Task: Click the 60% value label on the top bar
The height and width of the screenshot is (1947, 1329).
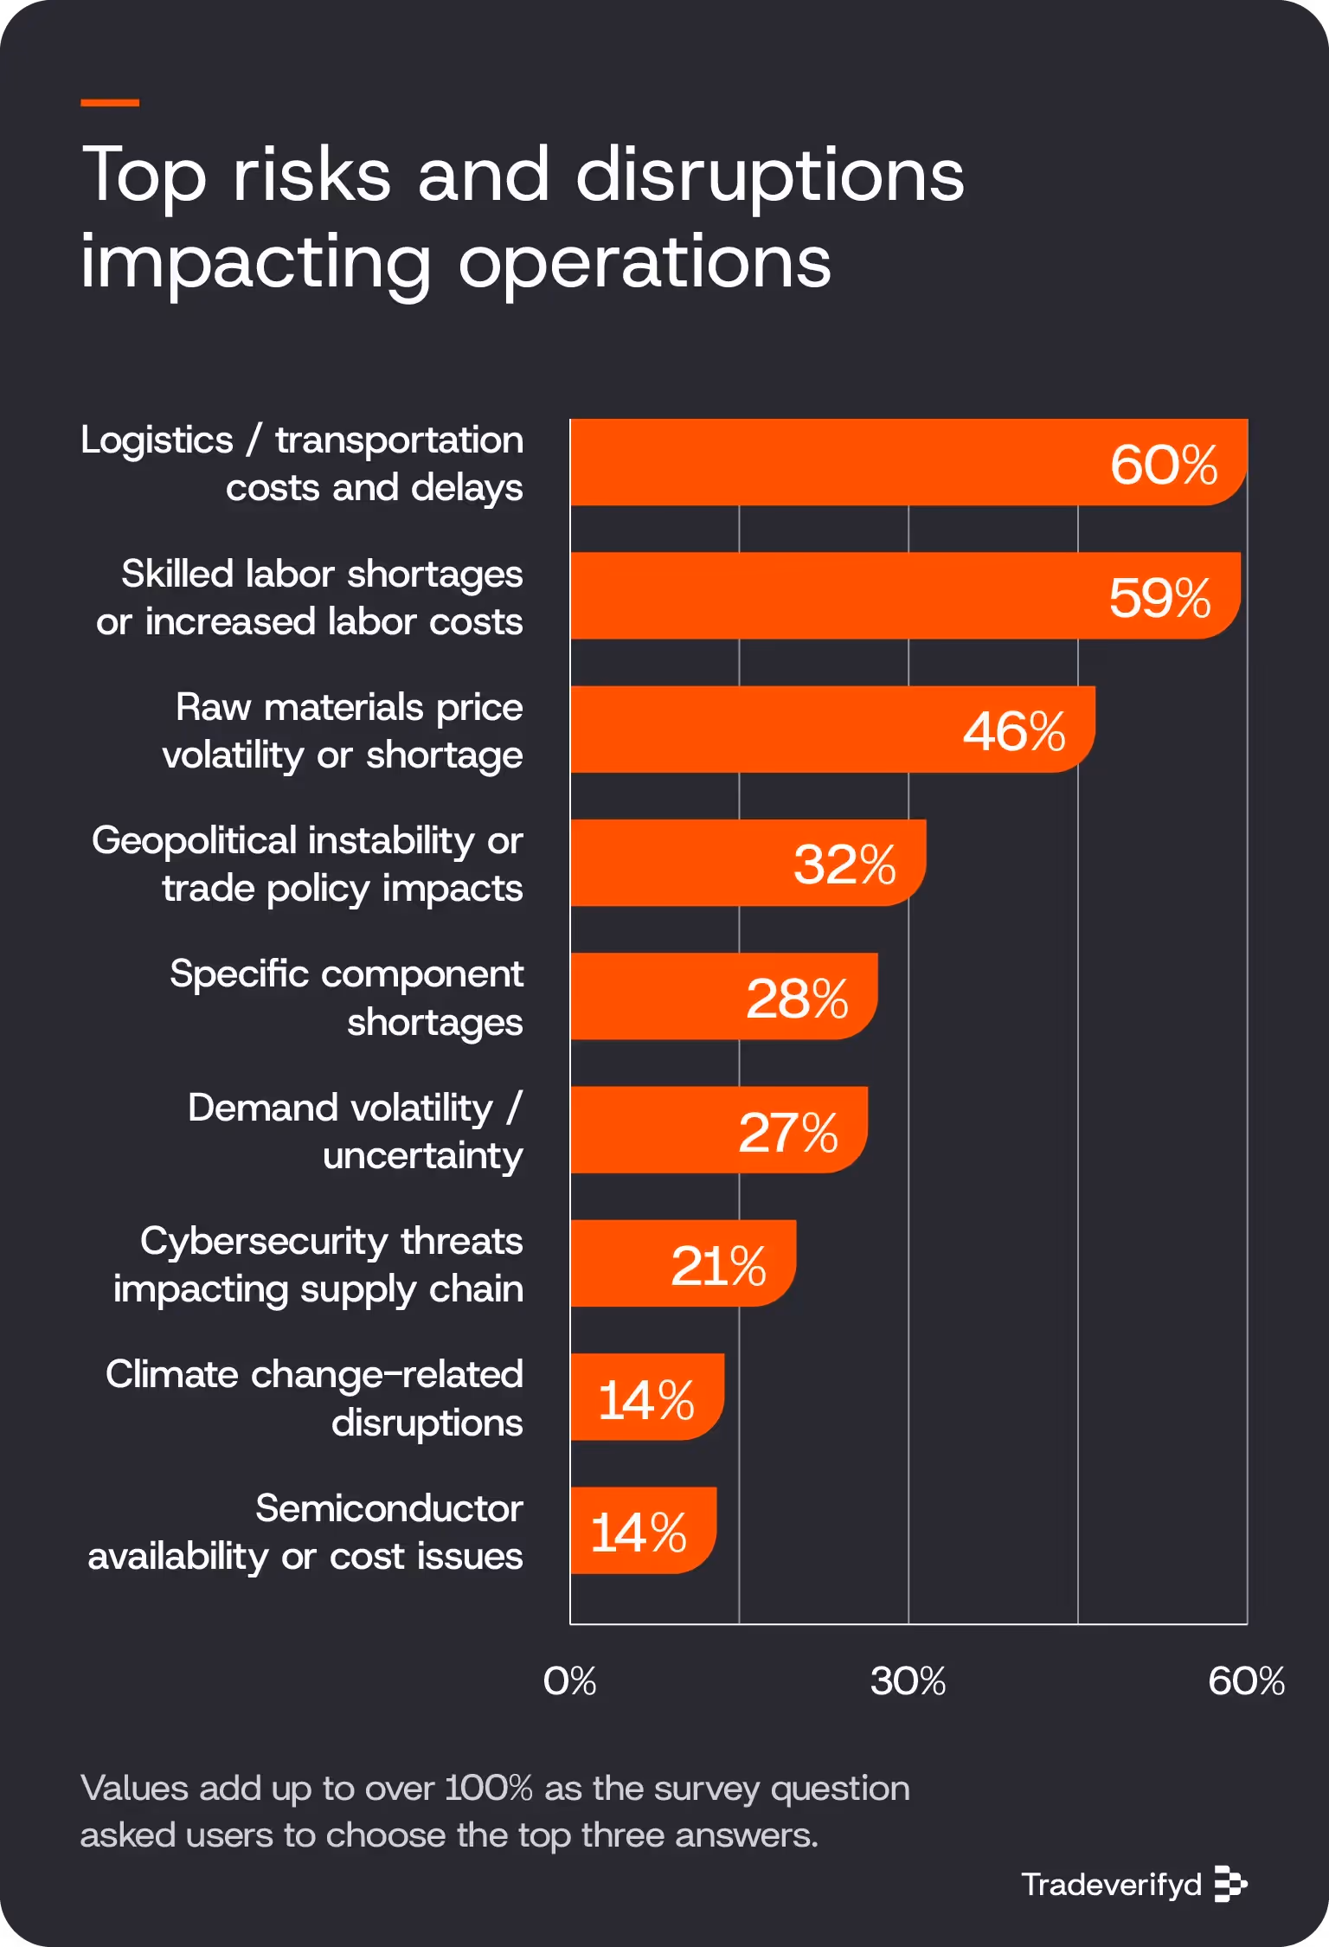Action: pyautogui.click(x=1163, y=465)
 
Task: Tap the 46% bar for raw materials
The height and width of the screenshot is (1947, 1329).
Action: pyautogui.click(x=779, y=729)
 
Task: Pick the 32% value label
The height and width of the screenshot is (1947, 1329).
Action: pyautogui.click(x=844, y=864)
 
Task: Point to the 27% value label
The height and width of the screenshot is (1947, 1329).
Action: pyautogui.click(x=787, y=1132)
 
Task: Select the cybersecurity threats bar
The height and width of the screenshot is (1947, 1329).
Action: pyautogui.click(x=623, y=1263)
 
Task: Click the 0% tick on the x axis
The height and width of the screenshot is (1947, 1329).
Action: pyautogui.click(x=569, y=1680)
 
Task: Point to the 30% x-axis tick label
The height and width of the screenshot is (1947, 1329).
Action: pyautogui.click(x=908, y=1680)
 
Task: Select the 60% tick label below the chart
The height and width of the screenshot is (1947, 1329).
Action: pyautogui.click(x=1246, y=1680)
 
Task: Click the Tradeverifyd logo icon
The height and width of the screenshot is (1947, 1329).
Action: pyautogui.click(x=1229, y=1883)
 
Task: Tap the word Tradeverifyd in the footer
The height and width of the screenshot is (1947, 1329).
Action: pyautogui.click(x=1111, y=1884)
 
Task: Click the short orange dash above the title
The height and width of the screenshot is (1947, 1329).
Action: pyautogui.click(x=110, y=102)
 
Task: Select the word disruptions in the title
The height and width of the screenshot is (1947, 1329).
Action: pyautogui.click(x=769, y=176)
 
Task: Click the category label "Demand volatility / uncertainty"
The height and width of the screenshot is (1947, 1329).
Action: pyautogui.click(x=356, y=1131)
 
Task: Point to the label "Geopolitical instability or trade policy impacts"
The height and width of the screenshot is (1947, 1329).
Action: pyautogui.click(x=307, y=864)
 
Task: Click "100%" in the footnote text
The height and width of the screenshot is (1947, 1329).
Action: pyautogui.click(x=488, y=1788)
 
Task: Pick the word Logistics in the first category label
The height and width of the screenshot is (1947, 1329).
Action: pyautogui.click(x=157, y=440)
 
